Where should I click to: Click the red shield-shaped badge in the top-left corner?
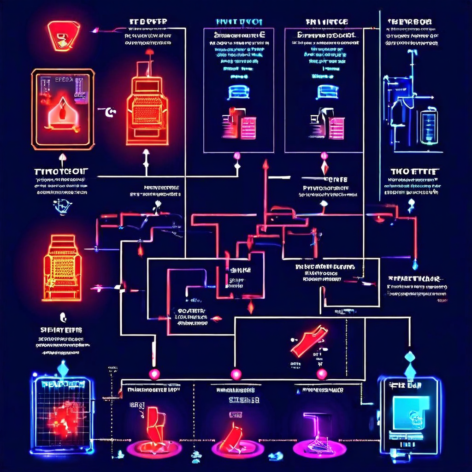click(x=64, y=36)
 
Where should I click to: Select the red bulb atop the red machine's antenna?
click(x=149, y=52)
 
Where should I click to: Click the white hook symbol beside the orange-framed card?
click(x=110, y=112)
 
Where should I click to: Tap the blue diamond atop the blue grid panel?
click(x=63, y=368)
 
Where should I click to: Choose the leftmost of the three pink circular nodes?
click(x=154, y=374)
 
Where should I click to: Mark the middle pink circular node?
click(x=236, y=374)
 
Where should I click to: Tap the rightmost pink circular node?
click(x=322, y=374)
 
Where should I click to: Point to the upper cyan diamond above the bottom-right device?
click(x=409, y=357)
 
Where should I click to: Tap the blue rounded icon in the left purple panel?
click(x=238, y=92)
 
